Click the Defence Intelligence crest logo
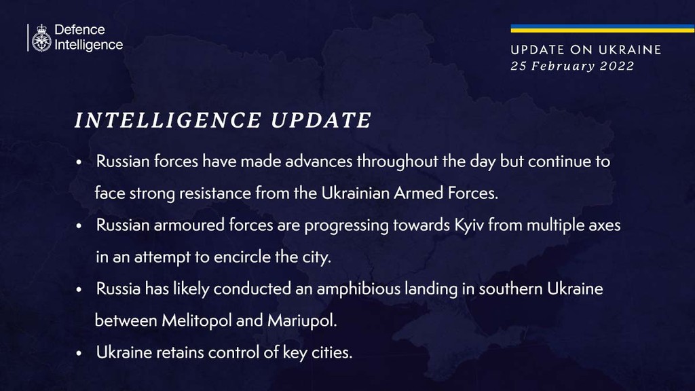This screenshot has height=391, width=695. pos(41,38)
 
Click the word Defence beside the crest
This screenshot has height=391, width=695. pos(80,30)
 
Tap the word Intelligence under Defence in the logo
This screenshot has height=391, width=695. pos(89,45)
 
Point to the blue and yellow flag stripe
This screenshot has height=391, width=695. pos(603,29)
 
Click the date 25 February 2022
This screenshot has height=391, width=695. pos(572,66)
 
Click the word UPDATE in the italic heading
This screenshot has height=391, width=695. pos(321,121)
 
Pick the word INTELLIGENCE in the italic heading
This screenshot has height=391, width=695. pos(168,121)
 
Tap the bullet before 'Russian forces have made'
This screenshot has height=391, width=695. pos(79,162)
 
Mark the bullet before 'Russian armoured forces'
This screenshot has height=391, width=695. pos(79,226)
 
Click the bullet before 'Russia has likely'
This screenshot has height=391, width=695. pos(79,290)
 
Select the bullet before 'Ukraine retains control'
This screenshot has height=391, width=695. pos(79,354)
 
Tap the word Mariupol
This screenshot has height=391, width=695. pos(302,320)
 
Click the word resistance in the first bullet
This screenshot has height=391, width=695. pos(215,193)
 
